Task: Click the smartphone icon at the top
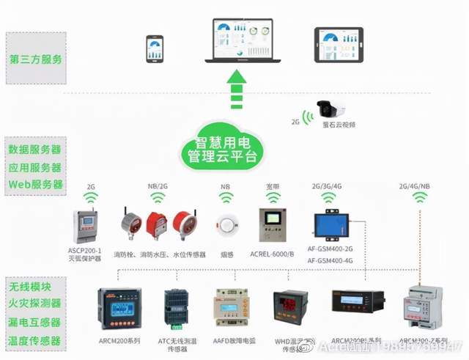pos(155,48)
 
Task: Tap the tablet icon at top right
pos(338,45)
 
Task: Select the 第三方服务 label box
pos(34,59)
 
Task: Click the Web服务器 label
pos(34,184)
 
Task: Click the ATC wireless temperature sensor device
pos(176,308)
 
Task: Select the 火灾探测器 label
pos(34,302)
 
